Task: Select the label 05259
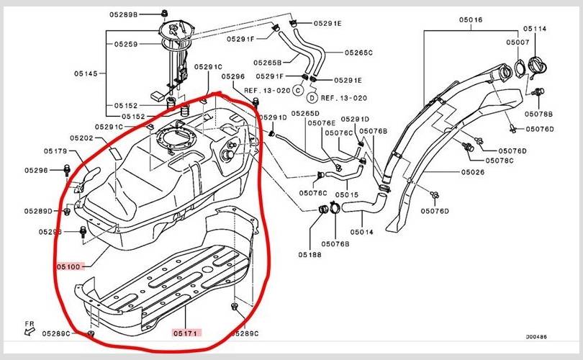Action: tap(125, 44)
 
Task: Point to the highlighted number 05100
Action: tap(71, 266)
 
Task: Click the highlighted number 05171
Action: tap(186, 333)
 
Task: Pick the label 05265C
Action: tap(358, 53)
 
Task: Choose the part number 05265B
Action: tap(268, 62)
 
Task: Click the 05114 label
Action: tap(535, 29)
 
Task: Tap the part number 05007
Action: tap(518, 43)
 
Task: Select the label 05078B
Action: tap(538, 114)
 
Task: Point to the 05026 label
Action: tap(472, 172)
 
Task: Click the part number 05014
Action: tap(361, 233)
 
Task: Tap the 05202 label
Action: tap(82, 138)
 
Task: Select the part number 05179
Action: tap(55, 151)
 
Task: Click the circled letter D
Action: tap(312, 97)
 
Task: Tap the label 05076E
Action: tap(322, 123)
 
